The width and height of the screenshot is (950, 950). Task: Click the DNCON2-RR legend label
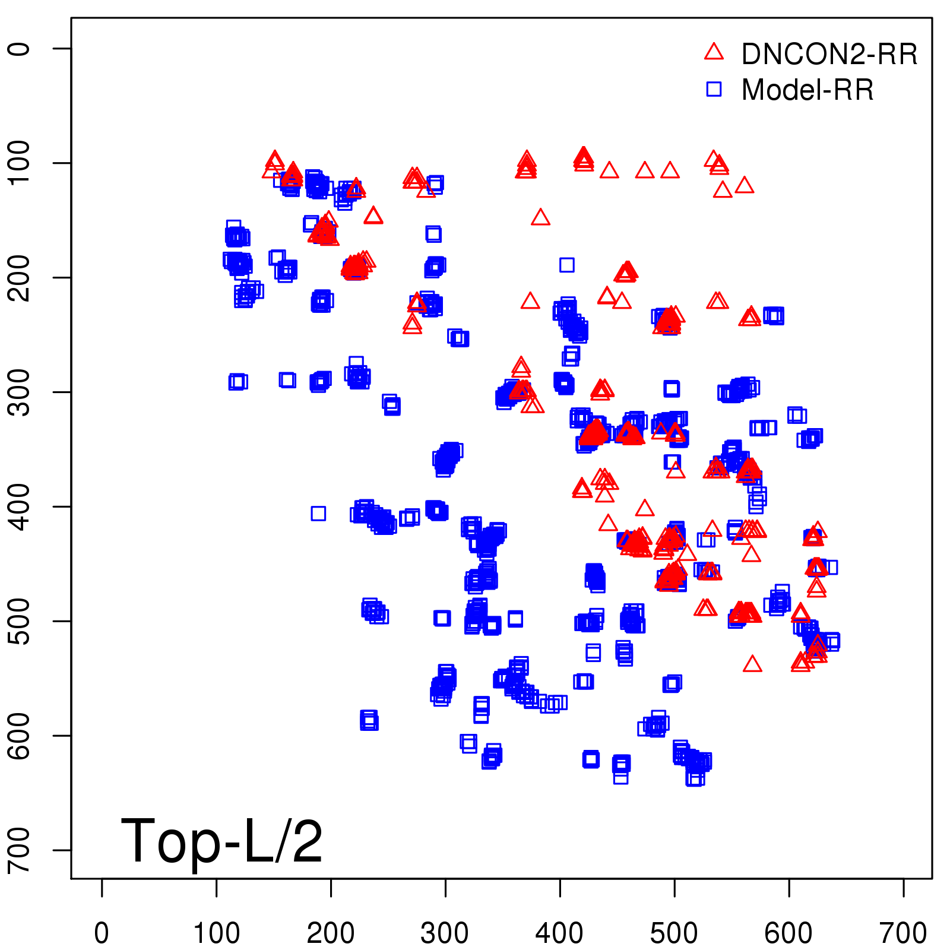point(829,54)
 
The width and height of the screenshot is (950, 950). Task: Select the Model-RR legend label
point(807,90)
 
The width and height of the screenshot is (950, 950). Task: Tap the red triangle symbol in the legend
point(714,52)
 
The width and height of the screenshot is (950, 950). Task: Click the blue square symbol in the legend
point(714,89)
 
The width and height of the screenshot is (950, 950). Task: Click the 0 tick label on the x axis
point(102,933)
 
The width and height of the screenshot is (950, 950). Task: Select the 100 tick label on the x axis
point(217,933)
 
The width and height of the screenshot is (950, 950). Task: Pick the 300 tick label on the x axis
point(445,933)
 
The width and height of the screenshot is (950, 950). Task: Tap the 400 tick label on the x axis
point(560,933)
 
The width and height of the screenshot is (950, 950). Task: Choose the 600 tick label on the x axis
point(788,933)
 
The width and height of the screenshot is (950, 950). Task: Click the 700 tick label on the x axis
point(903,933)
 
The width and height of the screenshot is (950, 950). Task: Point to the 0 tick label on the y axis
point(20,48)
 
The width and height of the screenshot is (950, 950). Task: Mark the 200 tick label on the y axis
point(20,277)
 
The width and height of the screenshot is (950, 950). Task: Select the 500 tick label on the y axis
point(20,621)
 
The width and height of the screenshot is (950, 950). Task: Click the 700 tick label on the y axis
point(20,850)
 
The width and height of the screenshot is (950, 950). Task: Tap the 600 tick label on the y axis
point(20,736)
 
